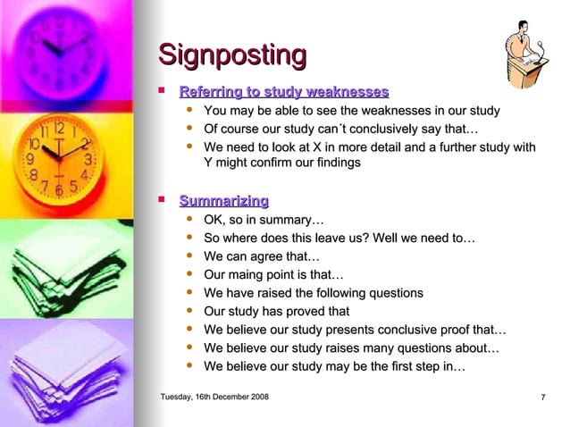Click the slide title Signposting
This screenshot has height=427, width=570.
point(232,55)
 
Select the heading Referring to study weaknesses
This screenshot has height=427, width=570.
point(284,92)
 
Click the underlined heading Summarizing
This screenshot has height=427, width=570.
point(223,201)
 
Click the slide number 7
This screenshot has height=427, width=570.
point(543,397)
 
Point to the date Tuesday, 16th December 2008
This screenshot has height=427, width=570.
point(214,397)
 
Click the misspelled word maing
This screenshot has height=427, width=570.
point(255,275)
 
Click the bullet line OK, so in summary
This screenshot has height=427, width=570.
point(264,220)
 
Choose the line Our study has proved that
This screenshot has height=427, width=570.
point(276,312)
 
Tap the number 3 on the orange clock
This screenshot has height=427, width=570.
point(87,159)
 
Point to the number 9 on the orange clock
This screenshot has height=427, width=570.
point(31,158)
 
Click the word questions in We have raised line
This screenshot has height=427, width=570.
point(394,293)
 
